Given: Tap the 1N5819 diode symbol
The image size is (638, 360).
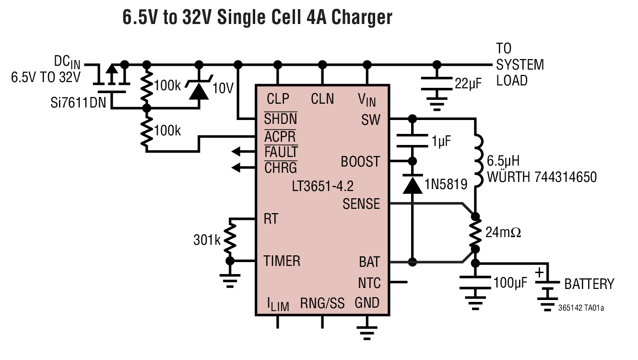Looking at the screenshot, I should click(412, 184).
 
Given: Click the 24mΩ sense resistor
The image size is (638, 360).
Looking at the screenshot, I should click(475, 232).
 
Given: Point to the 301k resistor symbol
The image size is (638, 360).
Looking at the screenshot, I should click(230, 239).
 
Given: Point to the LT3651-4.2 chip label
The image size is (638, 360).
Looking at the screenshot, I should click(323, 186).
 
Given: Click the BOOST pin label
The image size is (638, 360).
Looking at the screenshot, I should click(360, 162).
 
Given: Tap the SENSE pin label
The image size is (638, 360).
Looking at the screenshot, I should click(361, 204).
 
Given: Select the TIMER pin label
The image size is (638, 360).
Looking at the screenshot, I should click(282, 261).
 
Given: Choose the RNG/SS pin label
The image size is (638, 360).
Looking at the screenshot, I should click(322, 303).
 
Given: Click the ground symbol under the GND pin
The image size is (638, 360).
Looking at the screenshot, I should click(367, 330).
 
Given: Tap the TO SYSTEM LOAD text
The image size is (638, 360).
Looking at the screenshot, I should click(520, 64).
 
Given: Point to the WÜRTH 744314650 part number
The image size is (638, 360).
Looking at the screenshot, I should click(542, 177).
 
